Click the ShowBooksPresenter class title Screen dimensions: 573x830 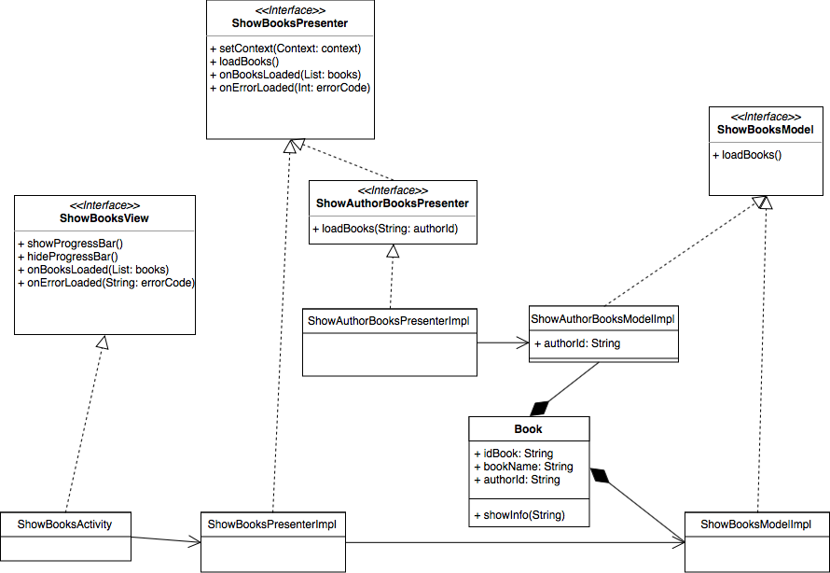click(290, 23)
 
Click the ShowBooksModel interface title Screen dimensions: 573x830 click(765, 129)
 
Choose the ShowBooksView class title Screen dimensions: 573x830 click(104, 218)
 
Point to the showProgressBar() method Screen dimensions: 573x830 click(70, 244)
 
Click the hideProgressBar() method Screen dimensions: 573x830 click(67, 256)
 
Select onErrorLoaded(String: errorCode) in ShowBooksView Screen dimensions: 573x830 click(105, 282)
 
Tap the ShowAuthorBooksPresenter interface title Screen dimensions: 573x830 click(392, 203)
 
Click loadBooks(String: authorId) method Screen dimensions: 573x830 click(383, 229)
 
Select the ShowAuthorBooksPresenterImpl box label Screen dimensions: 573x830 click(388, 321)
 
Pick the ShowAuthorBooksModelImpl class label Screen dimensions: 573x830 click(602, 318)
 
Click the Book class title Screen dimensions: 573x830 click(528, 429)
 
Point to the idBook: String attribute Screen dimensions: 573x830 click(513, 454)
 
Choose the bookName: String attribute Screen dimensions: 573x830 click(522, 467)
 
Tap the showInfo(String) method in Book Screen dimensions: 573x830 click(519, 515)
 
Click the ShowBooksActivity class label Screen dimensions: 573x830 click(64, 524)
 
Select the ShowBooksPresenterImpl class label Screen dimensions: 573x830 click(271, 524)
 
